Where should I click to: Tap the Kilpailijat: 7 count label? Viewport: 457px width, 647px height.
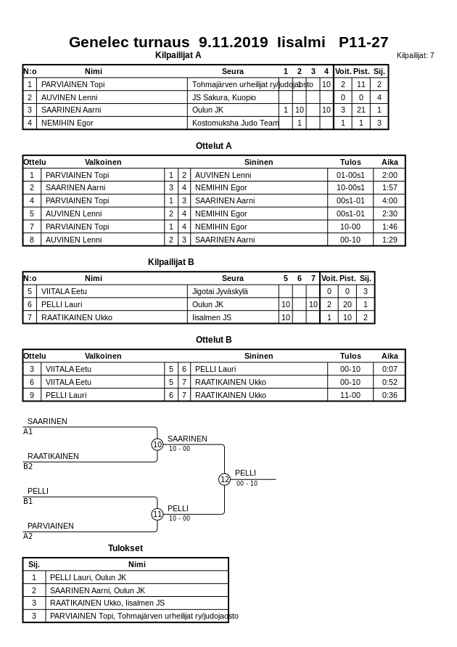coord(415,56)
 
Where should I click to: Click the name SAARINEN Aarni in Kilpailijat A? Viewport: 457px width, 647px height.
coord(61,110)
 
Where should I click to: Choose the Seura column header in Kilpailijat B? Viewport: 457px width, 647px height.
coord(233,278)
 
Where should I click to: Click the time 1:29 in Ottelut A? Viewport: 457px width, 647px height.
coord(390,240)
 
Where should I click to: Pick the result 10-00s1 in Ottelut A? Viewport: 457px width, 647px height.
coord(350,188)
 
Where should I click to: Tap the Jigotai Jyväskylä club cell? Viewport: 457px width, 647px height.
coord(220,291)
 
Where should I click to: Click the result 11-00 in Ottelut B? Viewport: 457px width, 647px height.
coord(350,396)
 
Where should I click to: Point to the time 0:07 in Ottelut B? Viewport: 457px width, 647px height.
coord(390,370)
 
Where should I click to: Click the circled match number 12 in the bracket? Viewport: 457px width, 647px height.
coord(224,479)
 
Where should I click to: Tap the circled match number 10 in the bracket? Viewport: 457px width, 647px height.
coord(157,444)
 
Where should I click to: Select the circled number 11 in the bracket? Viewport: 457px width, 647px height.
coord(157,514)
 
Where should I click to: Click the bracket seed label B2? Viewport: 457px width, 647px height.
coord(28,467)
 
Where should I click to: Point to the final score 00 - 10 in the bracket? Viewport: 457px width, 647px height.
coord(247,484)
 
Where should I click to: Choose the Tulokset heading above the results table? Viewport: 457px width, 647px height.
coord(125,548)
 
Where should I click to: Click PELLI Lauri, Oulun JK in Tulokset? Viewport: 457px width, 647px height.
coord(88,578)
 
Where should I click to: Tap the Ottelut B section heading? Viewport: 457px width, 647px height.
coord(214,340)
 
